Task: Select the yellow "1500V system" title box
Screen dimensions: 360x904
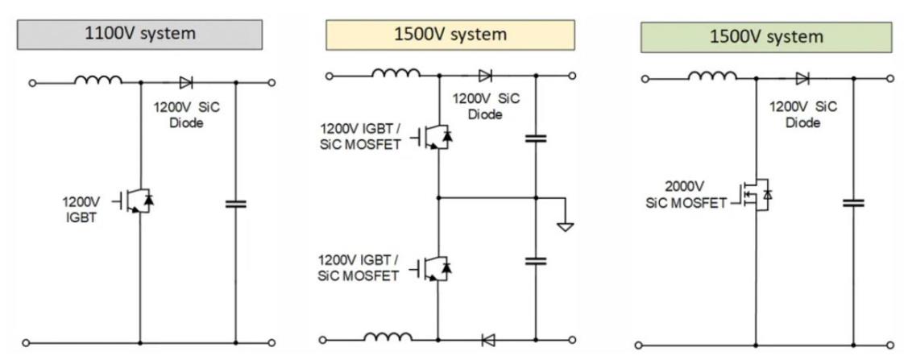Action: [450, 35]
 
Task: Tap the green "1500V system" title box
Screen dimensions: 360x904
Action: [766, 37]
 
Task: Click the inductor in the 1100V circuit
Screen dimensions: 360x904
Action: [99, 80]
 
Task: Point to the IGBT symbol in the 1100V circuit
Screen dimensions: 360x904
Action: [138, 201]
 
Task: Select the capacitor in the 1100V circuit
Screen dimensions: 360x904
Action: [235, 204]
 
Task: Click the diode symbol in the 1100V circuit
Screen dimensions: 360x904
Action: [186, 81]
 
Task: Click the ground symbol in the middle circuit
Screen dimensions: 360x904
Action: [566, 226]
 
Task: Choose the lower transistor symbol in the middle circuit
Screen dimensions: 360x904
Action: [436, 268]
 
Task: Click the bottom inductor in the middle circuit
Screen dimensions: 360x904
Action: [389, 338]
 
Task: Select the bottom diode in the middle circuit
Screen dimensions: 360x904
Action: [486, 340]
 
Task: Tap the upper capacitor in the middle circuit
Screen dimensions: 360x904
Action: [535, 139]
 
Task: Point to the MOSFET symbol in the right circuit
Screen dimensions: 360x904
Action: [757, 194]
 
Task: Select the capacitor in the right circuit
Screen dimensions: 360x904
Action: [853, 202]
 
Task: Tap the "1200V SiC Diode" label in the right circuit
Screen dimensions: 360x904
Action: [803, 114]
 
